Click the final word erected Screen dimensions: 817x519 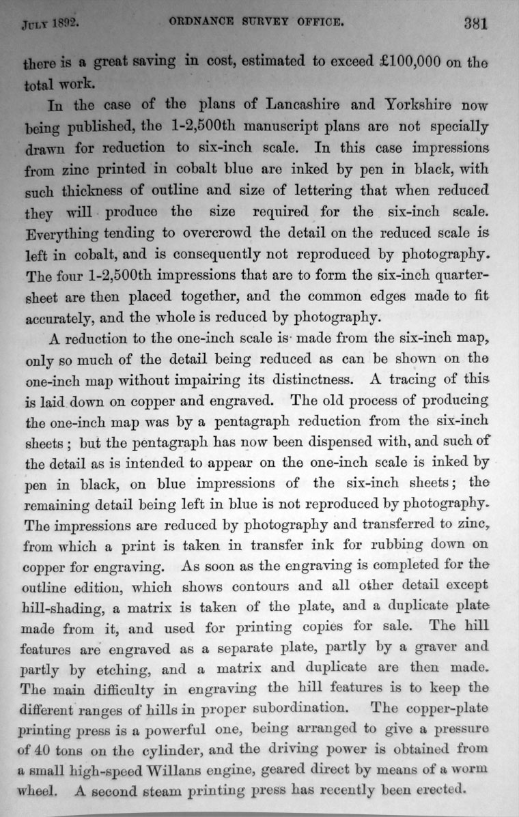[x=438, y=792]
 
